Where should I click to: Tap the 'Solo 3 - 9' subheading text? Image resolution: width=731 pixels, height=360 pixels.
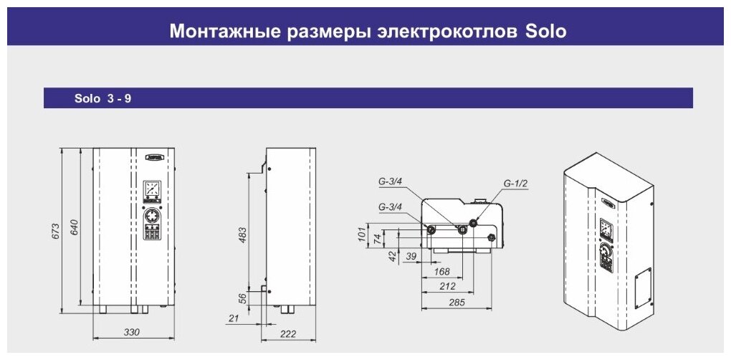pos(102,99)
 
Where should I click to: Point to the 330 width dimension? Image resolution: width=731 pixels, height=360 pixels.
pos(132,332)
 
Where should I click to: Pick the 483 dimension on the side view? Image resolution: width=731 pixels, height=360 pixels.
pos(242,235)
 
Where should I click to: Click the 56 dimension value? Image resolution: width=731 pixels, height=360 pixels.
pos(243,299)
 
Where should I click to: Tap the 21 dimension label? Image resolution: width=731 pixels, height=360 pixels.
pos(234,318)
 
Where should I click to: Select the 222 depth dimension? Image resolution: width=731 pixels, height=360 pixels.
pos(287,334)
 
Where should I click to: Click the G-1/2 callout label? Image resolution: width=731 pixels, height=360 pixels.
pos(515,183)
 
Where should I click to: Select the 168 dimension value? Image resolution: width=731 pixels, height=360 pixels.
pos(441,271)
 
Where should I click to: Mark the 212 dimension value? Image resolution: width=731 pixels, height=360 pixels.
pos(447,286)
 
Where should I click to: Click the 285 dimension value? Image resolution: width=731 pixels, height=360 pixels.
pos(457,302)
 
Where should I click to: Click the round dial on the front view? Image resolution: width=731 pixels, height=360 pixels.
pos(152,216)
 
